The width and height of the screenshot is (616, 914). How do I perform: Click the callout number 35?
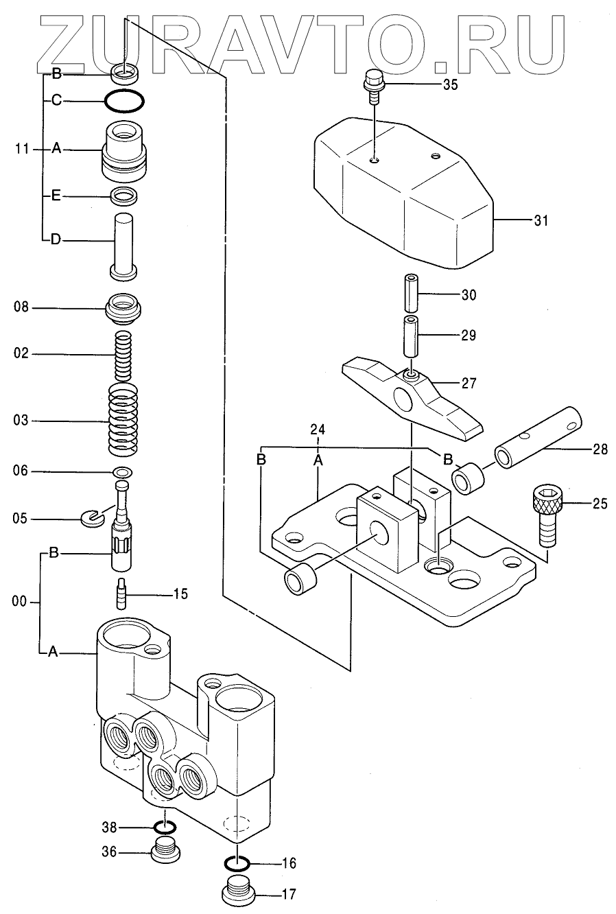[451, 84]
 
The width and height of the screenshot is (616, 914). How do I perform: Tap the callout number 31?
[541, 221]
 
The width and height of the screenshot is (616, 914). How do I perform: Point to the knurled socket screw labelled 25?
[547, 517]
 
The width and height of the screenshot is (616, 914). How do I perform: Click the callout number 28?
[600, 449]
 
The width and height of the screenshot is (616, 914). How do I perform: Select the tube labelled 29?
[412, 336]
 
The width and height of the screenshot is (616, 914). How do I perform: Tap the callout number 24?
[318, 429]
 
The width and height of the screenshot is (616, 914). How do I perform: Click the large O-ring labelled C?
[124, 100]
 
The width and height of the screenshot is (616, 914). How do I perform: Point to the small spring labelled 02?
[123, 354]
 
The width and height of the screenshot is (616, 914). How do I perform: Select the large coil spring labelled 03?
[123, 420]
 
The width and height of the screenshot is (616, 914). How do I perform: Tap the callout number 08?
[21, 307]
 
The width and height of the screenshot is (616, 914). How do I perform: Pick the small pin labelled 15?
[122, 594]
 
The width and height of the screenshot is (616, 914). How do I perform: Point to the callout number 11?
[22, 150]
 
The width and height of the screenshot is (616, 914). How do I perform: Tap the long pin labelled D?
[123, 247]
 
